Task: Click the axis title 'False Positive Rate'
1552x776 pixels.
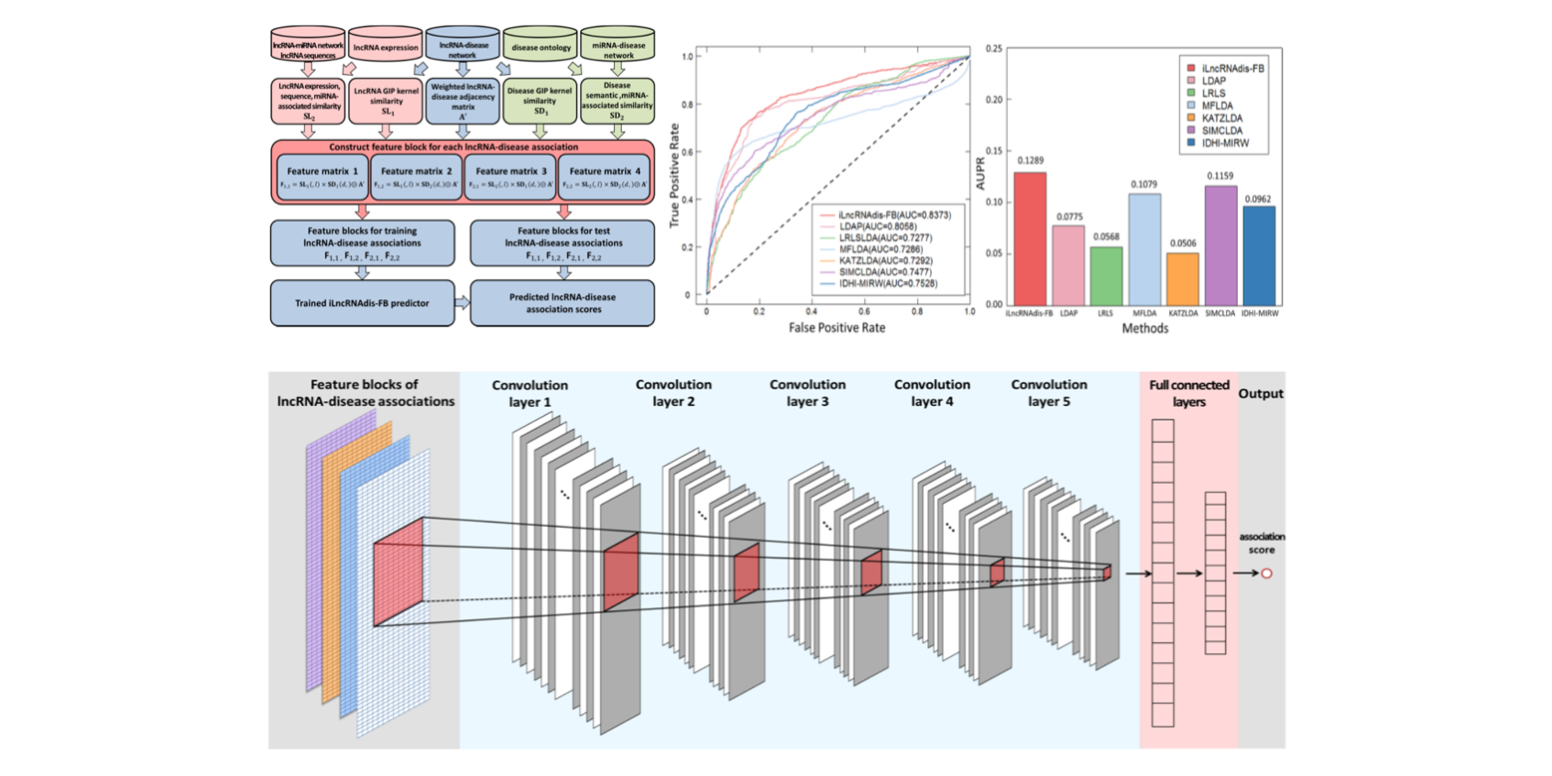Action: tap(837, 327)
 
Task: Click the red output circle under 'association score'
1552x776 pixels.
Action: tap(1267, 575)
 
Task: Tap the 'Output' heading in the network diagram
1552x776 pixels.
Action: tap(1261, 393)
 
